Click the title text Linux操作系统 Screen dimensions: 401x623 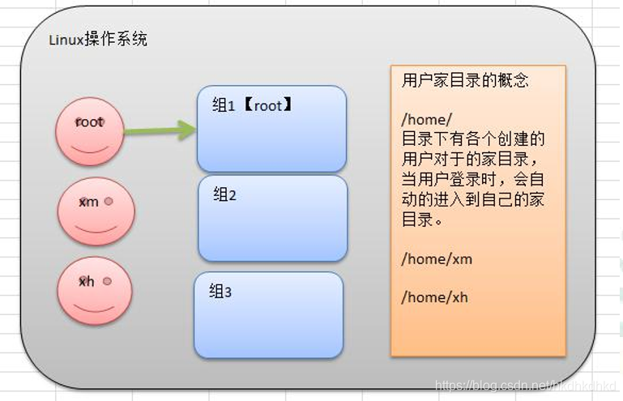[x=97, y=40]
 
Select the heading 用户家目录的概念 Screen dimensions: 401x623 [x=465, y=81]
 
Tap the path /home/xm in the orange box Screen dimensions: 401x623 [x=436, y=259]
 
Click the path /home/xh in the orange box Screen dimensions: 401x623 [x=435, y=297]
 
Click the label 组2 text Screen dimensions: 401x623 [x=224, y=195]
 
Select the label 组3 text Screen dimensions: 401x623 [x=221, y=292]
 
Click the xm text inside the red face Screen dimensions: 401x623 [x=88, y=202]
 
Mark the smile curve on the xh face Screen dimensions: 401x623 [x=94, y=309]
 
